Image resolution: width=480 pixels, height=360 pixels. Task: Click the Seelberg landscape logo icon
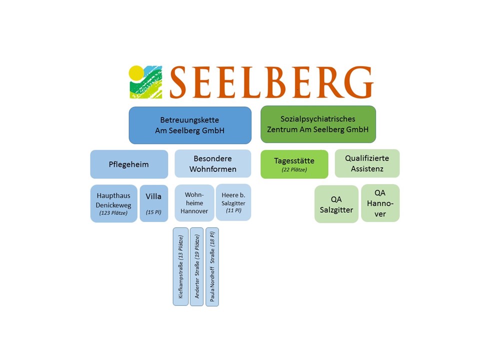(x=145, y=81)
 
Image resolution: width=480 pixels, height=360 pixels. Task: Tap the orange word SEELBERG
(x=270, y=82)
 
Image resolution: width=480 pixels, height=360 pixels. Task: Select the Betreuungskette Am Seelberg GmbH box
(x=190, y=125)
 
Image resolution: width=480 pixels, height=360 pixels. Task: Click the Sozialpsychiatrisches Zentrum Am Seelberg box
(x=318, y=124)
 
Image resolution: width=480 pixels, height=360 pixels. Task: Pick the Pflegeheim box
(x=129, y=164)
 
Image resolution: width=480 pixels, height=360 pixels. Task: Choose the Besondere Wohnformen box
(x=212, y=163)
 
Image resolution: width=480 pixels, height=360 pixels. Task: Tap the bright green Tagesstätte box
(x=294, y=164)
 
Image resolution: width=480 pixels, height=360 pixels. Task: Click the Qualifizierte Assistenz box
(x=367, y=163)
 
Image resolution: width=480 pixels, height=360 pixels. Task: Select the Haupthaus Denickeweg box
(x=113, y=203)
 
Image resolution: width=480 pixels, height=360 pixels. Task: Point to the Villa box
(x=153, y=203)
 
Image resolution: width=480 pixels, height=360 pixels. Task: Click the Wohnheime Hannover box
(x=194, y=203)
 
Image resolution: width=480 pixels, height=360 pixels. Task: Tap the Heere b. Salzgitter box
(x=233, y=202)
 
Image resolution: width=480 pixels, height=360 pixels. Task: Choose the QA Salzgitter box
(x=336, y=204)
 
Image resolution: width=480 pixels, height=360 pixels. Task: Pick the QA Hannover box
(x=380, y=203)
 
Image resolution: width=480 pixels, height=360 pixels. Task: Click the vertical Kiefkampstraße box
(x=180, y=266)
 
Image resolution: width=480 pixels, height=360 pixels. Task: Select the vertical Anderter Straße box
(x=196, y=266)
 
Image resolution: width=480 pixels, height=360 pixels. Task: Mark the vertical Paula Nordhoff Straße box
(x=212, y=266)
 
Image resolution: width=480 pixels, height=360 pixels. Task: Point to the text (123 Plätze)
(x=113, y=213)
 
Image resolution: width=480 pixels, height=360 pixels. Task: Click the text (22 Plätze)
(x=294, y=170)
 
